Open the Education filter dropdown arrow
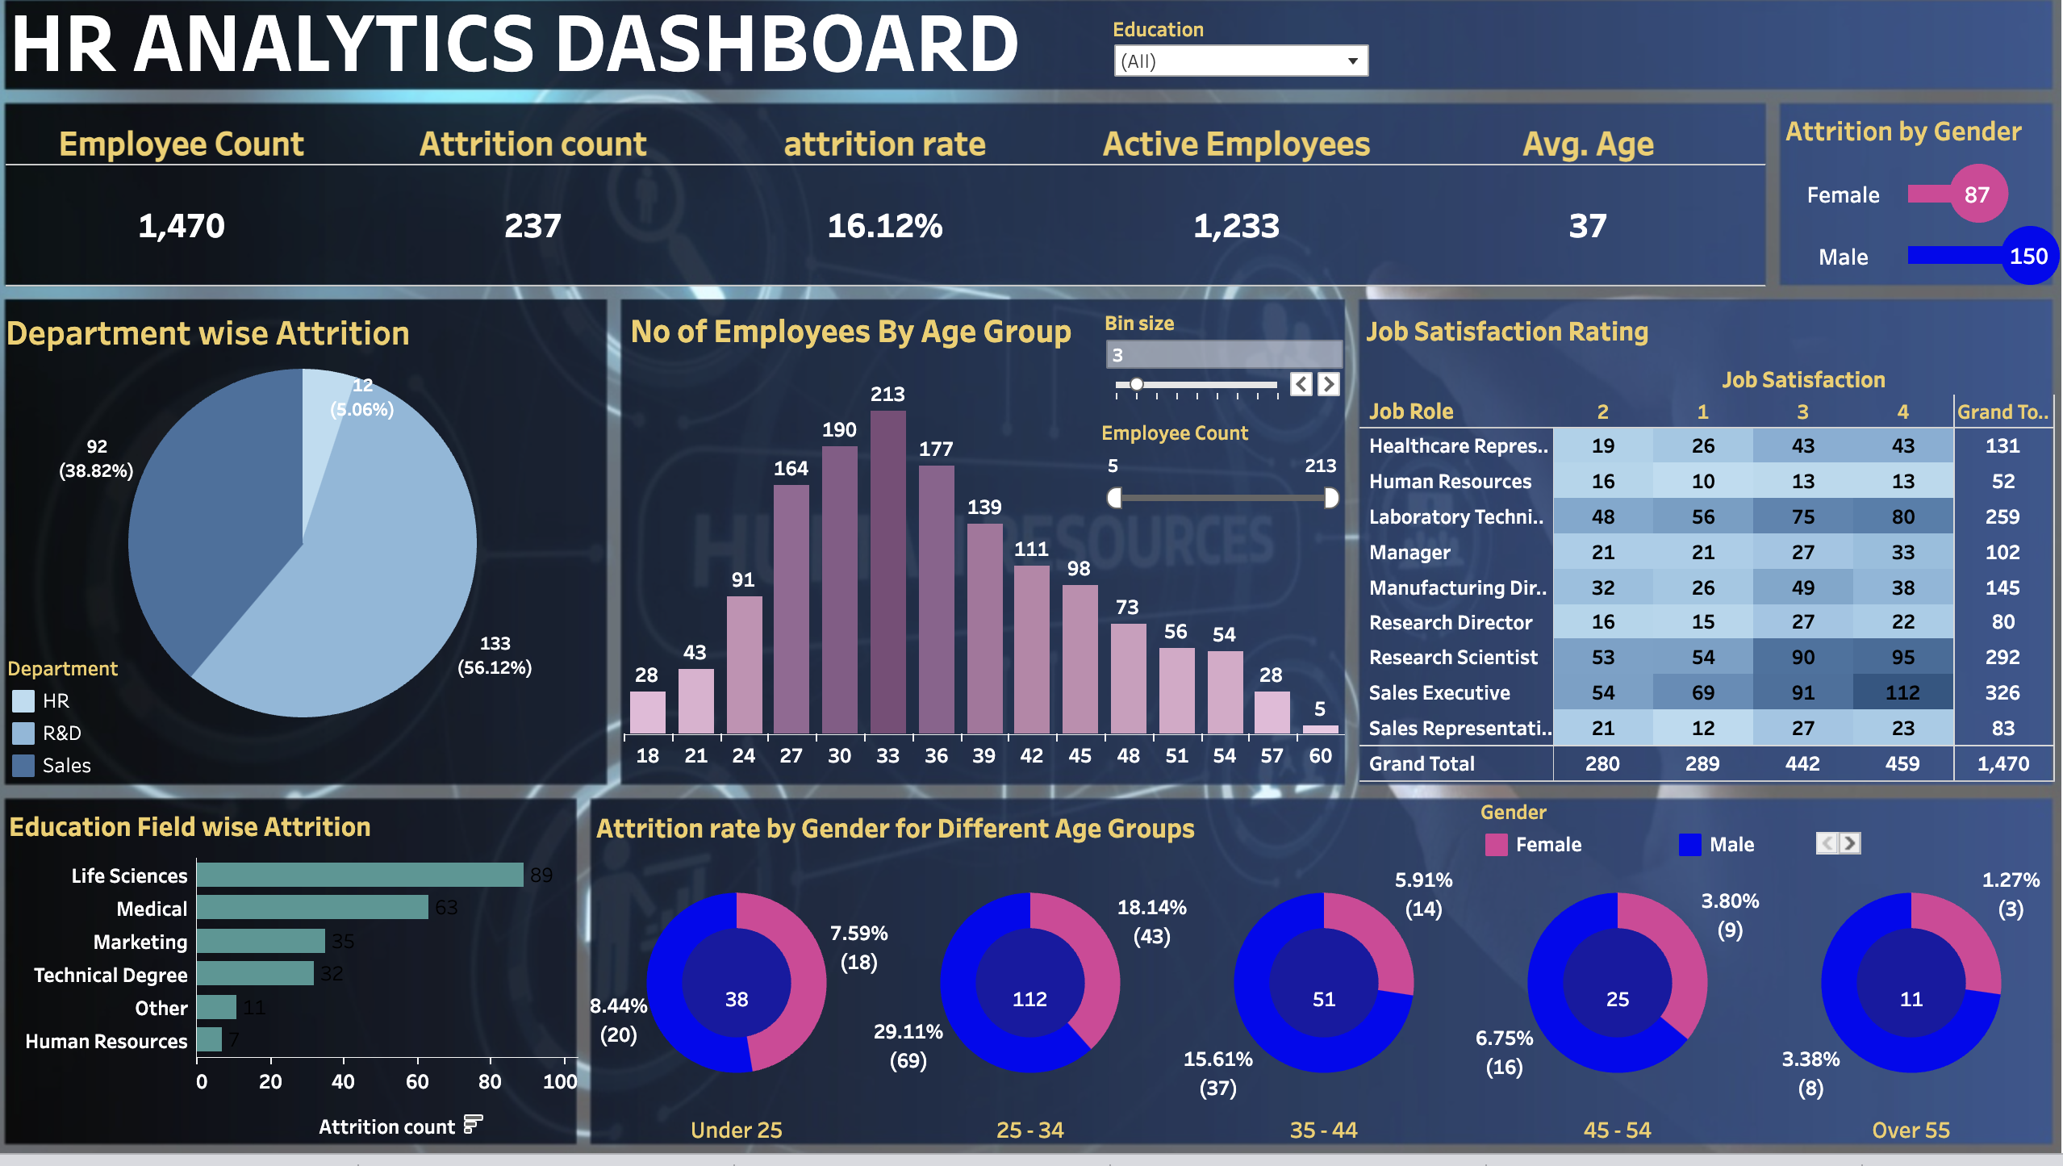pyautogui.click(x=1352, y=61)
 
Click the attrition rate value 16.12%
pyautogui.click(x=884, y=226)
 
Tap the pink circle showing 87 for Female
pyautogui.click(x=1977, y=194)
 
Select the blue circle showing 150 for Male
pyautogui.click(x=2028, y=257)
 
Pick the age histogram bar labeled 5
pyautogui.click(x=1320, y=729)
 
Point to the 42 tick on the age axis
pyautogui.click(x=1031, y=755)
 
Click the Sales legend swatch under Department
pyautogui.click(x=23, y=765)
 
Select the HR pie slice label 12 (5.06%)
pyautogui.click(x=362, y=397)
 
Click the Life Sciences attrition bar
pyautogui.click(x=360, y=875)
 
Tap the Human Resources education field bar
pyautogui.click(x=209, y=1039)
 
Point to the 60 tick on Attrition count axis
pyautogui.click(x=417, y=1080)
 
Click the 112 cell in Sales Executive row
pyautogui.click(x=1902, y=692)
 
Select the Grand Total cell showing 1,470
pyautogui.click(x=2002, y=763)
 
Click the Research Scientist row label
pyautogui.click(x=1453, y=657)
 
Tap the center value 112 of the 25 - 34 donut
pyautogui.click(x=1029, y=999)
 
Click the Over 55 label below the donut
pyautogui.click(x=1911, y=1130)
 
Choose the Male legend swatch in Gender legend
pyautogui.click(x=1689, y=844)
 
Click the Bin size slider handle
pyautogui.click(x=1136, y=384)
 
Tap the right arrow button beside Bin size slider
pyautogui.click(x=1328, y=384)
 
